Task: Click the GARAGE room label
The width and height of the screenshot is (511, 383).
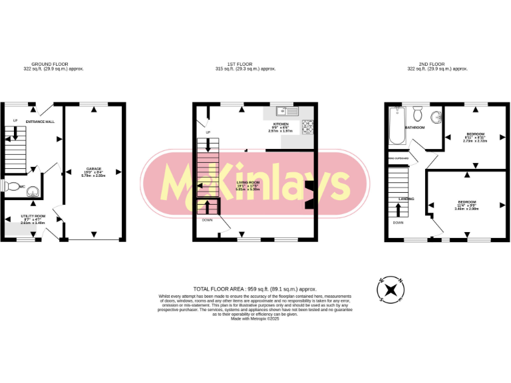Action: pyautogui.click(x=94, y=169)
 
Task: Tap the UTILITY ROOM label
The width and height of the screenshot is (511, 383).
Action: pyautogui.click(x=33, y=216)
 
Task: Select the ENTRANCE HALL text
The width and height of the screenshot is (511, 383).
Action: pyautogui.click(x=41, y=122)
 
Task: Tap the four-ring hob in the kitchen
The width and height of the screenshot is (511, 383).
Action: pyautogui.click(x=308, y=126)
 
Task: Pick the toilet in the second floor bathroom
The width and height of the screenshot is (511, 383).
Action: pyautogui.click(x=417, y=111)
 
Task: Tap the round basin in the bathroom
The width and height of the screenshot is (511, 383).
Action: pyautogui.click(x=436, y=118)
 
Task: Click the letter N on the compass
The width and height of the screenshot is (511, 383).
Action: pyautogui.click(x=401, y=280)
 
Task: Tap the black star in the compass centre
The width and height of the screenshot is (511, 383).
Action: pyautogui.click(x=392, y=290)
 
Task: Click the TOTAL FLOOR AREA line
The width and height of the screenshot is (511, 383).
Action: pyautogui.click(x=255, y=289)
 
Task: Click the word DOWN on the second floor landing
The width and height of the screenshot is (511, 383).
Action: pyautogui.click(x=398, y=223)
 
